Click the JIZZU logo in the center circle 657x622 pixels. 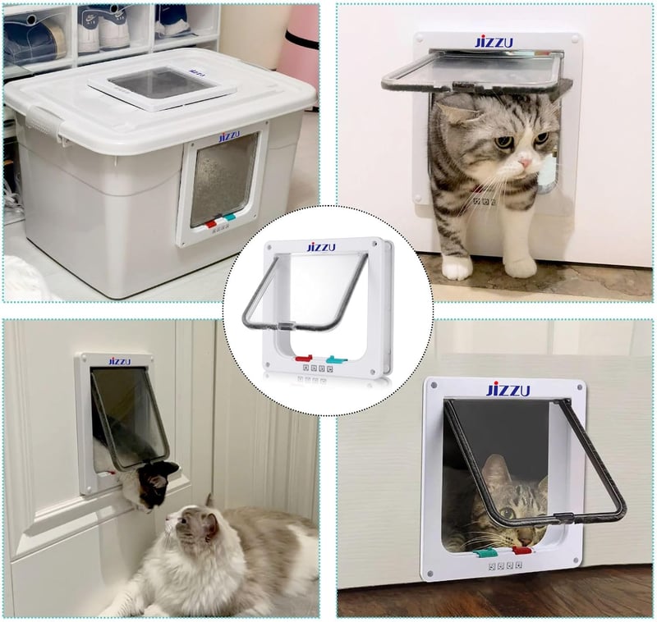point(321,247)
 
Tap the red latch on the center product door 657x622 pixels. point(304,358)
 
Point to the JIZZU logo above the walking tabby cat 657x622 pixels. point(494,43)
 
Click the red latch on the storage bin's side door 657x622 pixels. point(211,223)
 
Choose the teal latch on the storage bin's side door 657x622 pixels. point(230,217)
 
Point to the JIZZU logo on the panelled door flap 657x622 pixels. point(120,361)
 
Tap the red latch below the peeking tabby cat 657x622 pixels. point(522,551)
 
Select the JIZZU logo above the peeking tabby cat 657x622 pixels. point(508,390)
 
